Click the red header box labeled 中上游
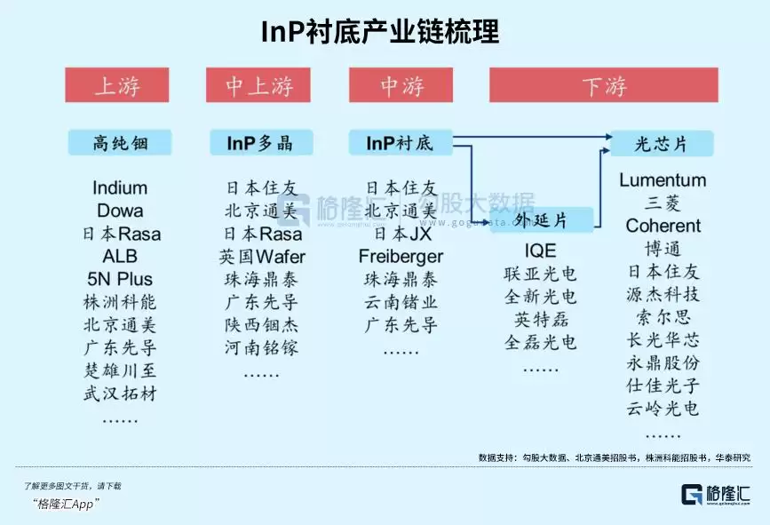[258, 85]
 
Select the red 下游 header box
[605, 85]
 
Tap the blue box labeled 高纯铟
[120, 142]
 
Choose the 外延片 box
[542, 219]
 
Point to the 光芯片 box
[662, 143]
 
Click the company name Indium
[120, 188]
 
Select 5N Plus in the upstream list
[120, 280]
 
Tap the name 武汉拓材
[120, 394]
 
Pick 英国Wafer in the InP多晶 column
[262, 257]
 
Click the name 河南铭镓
[262, 348]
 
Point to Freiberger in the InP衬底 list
[401, 257]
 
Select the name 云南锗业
[401, 303]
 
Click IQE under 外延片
[540, 251]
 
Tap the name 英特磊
[540, 319]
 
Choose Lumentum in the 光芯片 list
[663, 180]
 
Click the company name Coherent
[663, 226]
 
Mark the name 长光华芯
[663, 340]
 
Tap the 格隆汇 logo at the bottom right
[716, 495]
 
